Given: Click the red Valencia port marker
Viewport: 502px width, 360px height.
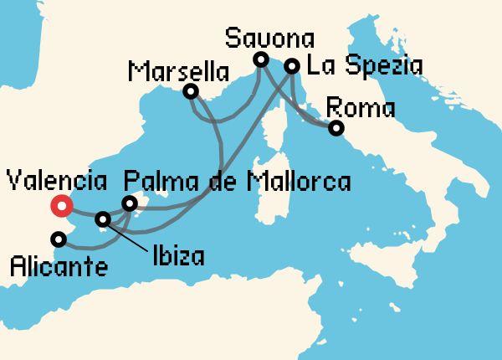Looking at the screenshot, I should pos(60,206).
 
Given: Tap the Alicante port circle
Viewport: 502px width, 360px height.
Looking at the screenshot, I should pos(58,239).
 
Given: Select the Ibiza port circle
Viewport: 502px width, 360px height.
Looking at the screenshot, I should pos(103,219).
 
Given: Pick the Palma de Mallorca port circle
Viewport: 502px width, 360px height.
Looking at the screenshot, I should pos(129,203).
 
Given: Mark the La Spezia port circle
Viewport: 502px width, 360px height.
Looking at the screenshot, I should pos(292,65).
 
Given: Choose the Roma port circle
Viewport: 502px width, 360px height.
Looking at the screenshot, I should pos(336,128).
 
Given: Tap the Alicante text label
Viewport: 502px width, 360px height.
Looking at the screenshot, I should pos(59,268).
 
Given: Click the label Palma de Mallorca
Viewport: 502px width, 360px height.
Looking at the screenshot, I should pos(236,181).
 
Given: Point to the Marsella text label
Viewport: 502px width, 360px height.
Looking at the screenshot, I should pos(179,71).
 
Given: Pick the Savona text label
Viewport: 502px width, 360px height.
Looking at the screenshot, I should pos(269,38).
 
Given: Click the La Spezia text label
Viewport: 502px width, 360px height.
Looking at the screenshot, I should pos(363,65).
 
